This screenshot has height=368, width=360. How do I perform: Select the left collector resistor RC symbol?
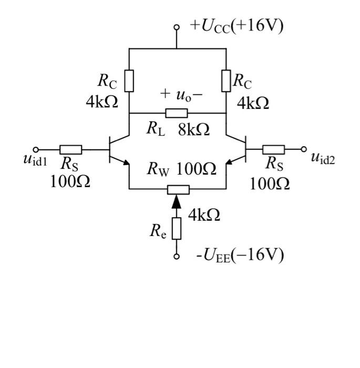(x=129, y=81)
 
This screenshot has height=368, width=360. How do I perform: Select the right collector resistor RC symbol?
(x=226, y=81)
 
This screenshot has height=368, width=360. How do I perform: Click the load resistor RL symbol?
(x=177, y=113)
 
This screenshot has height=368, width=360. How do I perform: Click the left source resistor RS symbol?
(x=70, y=149)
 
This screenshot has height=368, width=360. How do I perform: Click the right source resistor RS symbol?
(x=273, y=149)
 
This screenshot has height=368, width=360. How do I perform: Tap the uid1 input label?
(x=35, y=159)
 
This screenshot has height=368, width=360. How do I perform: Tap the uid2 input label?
(x=323, y=157)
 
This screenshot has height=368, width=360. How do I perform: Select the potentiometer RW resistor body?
(x=177, y=189)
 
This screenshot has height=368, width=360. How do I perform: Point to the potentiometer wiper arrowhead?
(x=177, y=200)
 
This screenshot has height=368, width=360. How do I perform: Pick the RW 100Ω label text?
(x=181, y=169)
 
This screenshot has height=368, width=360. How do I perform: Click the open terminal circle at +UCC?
(x=177, y=26)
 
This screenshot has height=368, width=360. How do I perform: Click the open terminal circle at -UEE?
(x=177, y=257)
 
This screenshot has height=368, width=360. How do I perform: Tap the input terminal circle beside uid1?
(x=36, y=149)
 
